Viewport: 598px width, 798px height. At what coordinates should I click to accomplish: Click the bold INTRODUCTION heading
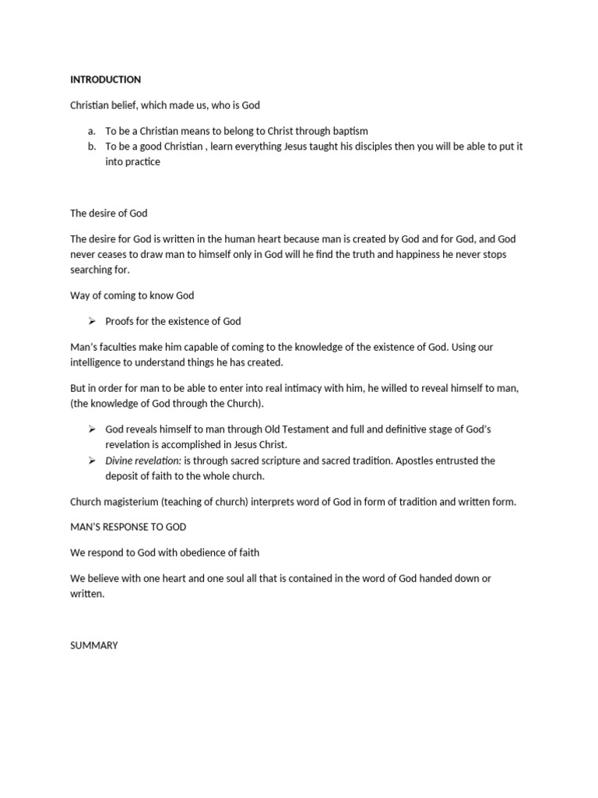(x=105, y=79)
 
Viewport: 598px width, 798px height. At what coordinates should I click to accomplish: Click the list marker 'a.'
(x=92, y=131)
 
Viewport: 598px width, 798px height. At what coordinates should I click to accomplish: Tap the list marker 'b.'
(x=92, y=147)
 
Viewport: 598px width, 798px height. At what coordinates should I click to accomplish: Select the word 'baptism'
(x=350, y=131)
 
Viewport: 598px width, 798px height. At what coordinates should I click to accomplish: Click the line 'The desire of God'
(x=108, y=214)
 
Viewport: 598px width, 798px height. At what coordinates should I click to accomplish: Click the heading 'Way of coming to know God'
(x=132, y=295)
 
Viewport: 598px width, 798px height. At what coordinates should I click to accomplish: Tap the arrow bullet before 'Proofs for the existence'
(x=91, y=321)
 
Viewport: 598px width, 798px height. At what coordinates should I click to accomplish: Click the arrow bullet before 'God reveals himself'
(x=91, y=429)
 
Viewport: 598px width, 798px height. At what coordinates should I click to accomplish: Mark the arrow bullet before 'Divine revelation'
(x=91, y=461)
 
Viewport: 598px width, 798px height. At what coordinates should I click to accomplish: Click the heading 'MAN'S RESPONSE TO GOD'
(x=128, y=527)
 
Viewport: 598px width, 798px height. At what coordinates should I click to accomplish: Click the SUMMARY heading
(x=94, y=645)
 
